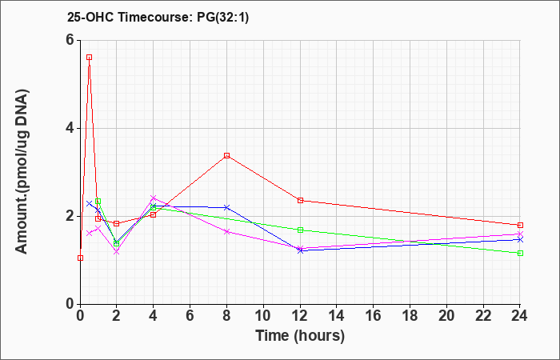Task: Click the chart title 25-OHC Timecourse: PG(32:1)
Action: tap(158, 17)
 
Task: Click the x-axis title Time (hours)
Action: tap(300, 336)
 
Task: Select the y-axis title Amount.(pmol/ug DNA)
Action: tap(22, 172)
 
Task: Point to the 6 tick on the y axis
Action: tap(70, 40)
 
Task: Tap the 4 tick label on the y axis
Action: tap(70, 128)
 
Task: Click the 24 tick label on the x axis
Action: tap(520, 315)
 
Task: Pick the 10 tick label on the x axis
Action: tap(263, 315)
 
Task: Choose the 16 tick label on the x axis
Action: tap(374, 315)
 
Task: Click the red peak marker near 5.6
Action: tap(90, 57)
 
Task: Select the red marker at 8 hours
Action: tap(226, 155)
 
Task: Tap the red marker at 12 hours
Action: tap(300, 200)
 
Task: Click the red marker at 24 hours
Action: tap(520, 225)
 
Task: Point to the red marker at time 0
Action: tap(80, 258)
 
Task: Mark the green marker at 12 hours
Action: tap(300, 230)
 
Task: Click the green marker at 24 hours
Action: tap(520, 254)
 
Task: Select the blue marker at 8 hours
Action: tap(226, 207)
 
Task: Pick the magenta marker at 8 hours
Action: tap(226, 231)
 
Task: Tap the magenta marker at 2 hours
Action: tap(117, 252)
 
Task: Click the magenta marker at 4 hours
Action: tap(154, 198)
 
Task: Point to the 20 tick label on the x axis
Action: tap(446, 315)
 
